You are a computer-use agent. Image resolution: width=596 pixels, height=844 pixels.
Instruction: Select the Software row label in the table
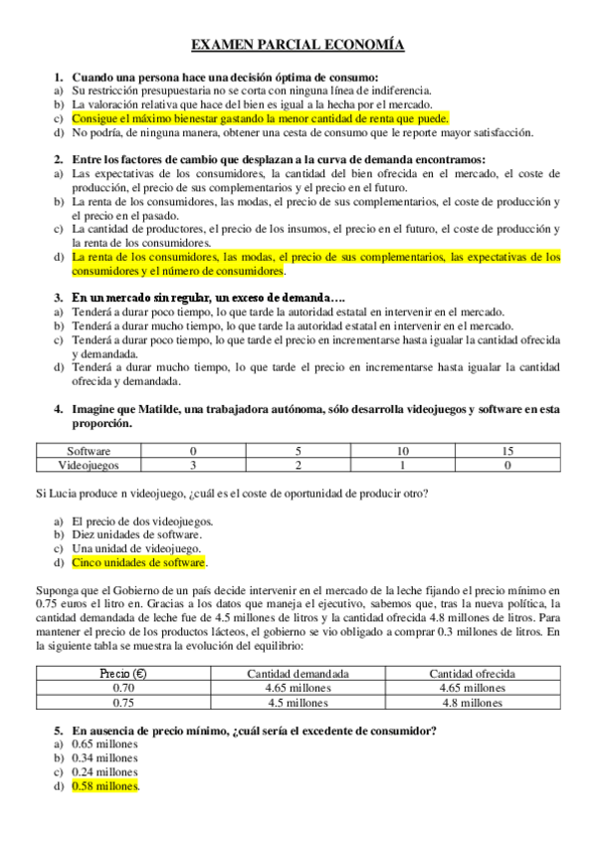[88, 451]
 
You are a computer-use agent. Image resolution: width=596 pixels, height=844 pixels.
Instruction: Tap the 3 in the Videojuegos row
[193, 464]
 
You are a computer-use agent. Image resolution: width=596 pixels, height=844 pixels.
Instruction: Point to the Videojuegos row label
[88, 464]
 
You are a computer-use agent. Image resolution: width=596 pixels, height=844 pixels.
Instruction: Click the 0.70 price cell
[124, 688]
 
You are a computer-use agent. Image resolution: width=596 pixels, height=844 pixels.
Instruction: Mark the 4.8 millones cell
[471, 702]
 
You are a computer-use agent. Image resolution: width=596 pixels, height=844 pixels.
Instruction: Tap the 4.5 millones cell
[298, 702]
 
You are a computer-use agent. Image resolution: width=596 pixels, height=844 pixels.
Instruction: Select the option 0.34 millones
[104, 758]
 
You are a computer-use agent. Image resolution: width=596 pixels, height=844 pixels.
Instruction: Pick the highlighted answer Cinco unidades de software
[138, 562]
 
